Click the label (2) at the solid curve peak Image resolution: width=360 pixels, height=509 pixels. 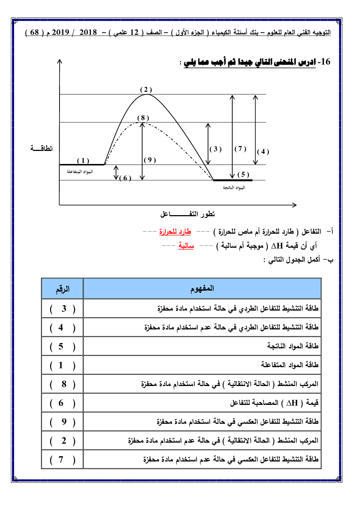(146, 90)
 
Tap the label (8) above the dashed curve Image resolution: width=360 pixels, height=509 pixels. (143, 118)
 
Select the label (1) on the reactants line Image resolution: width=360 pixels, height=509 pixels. (83, 160)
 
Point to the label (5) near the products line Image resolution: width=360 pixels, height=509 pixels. (243, 175)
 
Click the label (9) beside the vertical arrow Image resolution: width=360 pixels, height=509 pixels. (150, 160)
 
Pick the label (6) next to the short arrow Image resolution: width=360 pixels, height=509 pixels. (125, 178)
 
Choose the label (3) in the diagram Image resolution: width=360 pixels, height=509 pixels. (216, 149)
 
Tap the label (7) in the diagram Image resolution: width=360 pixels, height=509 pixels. (240, 148)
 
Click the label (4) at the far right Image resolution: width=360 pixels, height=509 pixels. (263, 152)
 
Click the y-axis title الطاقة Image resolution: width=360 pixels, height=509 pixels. (42, 148)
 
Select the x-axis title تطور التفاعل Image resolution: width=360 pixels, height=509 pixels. (188, 214)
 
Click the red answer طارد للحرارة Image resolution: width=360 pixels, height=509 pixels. (175, 231)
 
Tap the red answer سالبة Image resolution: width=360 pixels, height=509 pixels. (186, 246)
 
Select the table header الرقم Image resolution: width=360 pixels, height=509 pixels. (62, 289)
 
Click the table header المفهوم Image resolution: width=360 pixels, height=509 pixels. (202, 289)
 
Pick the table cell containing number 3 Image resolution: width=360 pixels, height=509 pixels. (62, 309)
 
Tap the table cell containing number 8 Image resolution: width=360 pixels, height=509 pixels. (62, 384)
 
